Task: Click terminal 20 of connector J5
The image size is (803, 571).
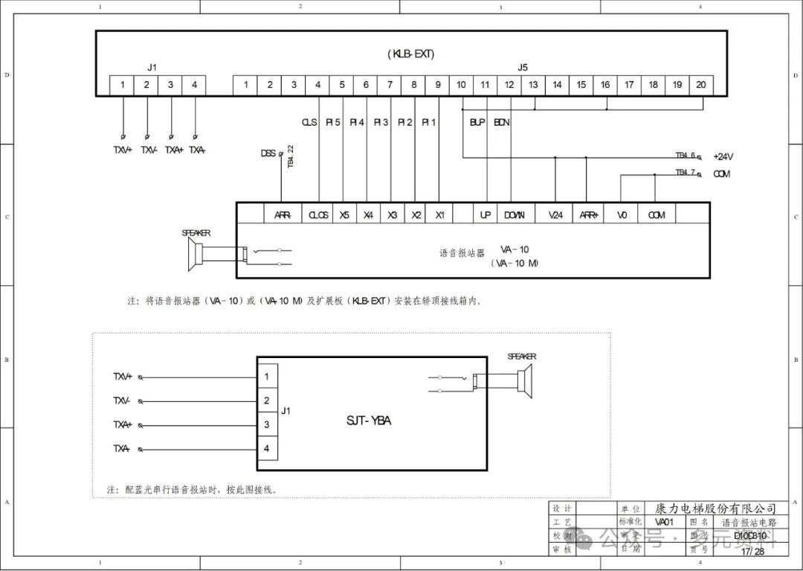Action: click(701, 85)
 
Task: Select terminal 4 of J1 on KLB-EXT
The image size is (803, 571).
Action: click(194, 85)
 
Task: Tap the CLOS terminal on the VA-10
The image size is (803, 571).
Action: click(319, 215)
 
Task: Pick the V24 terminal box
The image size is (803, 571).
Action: click(555, 215)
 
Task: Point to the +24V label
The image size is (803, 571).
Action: click(723, 156)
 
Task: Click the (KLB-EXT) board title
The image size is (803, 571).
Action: click(410, 54)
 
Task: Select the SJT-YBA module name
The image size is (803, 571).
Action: click(369, 421)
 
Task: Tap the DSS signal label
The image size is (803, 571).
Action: click(268, 153)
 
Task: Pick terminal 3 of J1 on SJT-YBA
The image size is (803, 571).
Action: click(267, 425)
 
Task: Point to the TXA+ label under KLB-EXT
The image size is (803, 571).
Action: click(173, 150)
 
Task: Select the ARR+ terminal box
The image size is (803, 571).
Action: click(589, 215)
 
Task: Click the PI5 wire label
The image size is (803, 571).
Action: click(334, 122)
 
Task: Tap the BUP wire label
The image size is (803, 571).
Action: click(477, 122)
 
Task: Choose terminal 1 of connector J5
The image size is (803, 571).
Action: click(245, 85)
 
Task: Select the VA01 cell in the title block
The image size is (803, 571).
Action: click(665, 522)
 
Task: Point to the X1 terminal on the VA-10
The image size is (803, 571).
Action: click(440, 215)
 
